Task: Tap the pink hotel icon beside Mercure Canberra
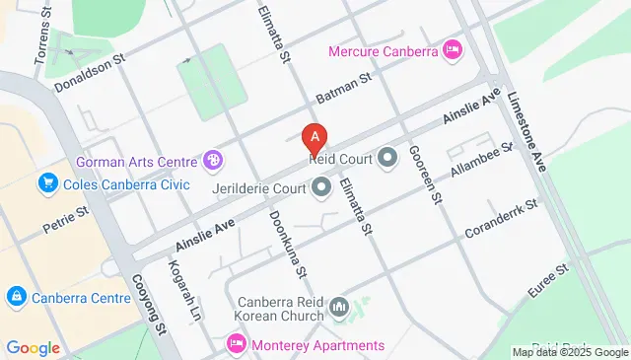(x=453, y=48)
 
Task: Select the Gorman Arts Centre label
(x=137, y=160)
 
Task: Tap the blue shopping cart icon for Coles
(x=46, y=183)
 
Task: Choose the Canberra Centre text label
(x=81, y=298)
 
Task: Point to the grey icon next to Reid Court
(x=387, y=157)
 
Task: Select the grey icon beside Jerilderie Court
(x=320, y=185)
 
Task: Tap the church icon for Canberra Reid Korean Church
(x=340, y=309)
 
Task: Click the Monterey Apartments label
(x=317, y=345)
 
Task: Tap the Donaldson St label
(x=92, y=72)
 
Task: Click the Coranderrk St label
(x=503, y=218)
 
